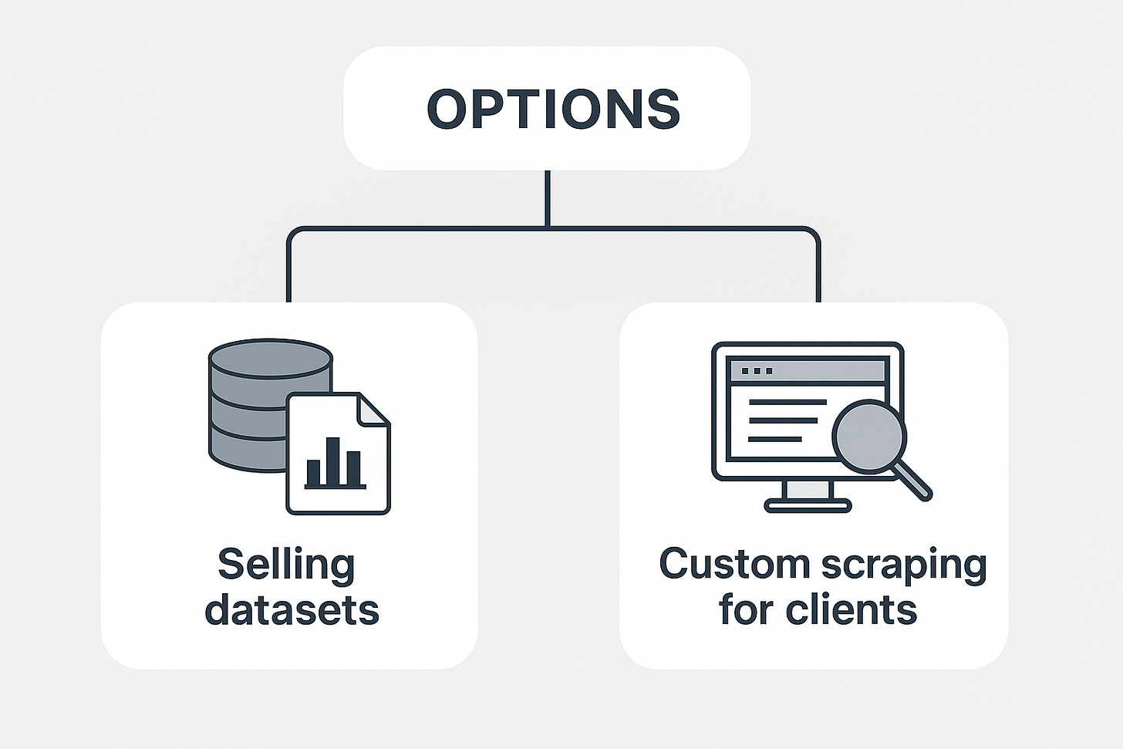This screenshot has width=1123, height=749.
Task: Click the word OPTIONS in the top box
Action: pos(553,109)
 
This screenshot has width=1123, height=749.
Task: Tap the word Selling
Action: pos(285,566)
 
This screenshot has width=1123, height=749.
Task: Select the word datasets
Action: pos(292,609)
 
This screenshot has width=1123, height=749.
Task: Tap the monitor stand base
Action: pos(808,506)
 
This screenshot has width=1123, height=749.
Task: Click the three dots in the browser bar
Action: pos(756,371)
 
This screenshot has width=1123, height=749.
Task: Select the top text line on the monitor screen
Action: pos(787,402)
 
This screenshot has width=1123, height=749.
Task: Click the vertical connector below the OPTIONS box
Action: pos(547,198)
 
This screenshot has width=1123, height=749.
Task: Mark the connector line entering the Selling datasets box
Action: pos(288,270)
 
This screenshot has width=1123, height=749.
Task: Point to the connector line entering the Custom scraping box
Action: pos(818,270)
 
